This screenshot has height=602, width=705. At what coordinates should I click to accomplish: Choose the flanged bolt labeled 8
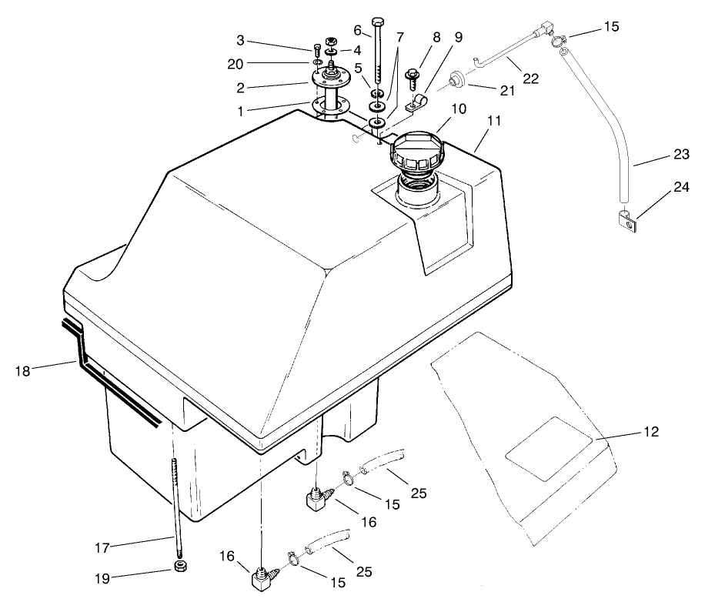pyautogui.click(x=411, y=78)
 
